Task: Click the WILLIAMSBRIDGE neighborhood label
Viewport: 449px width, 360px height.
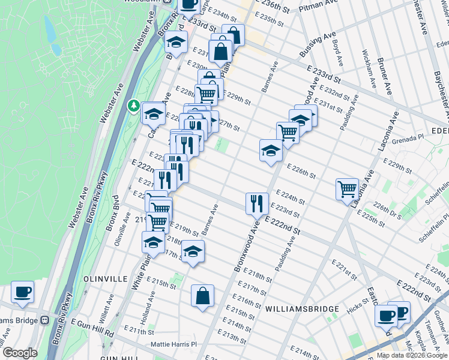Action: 303,309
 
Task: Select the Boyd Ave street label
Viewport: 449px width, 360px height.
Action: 337,53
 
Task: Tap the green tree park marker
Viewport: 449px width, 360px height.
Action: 133,106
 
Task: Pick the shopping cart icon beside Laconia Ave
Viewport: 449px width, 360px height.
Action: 347,188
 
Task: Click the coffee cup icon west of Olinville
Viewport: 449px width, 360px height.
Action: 22,292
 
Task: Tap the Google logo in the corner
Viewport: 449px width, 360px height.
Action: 20,353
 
